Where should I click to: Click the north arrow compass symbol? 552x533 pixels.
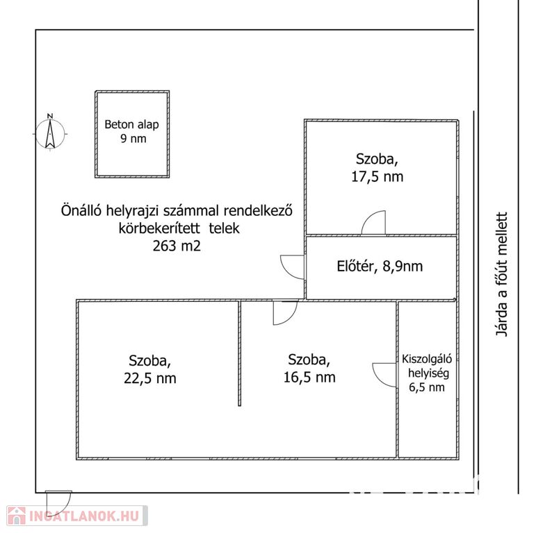pyautogui.click(x=50, y=132)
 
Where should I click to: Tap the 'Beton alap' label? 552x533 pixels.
pyautogui.click(x=131, y=124)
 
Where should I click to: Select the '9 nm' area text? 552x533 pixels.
pyautogui.click(x=133, y=138)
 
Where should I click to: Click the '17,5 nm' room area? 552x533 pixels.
pyautogui.click(x=377, y=176)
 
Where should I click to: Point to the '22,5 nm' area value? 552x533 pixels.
pyautogui.click(x=150, y=378)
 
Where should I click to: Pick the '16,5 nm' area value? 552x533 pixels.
pyautogui.click(x=309, y=377)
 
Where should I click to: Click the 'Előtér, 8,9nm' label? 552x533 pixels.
pyautogui.click(x=380, y=266)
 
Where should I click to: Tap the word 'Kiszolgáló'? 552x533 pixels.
pyautogui.click(x=427, y=359)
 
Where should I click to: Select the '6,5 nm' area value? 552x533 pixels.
pyautogui.click(x=427, y=387)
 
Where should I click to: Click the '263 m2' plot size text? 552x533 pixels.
pyautogui.click(x=177, y=246)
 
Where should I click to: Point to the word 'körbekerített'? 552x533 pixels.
pyautogui.click(x=159, y=228)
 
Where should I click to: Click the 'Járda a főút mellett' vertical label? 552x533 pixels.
pyautogui.click(x=502, y=274)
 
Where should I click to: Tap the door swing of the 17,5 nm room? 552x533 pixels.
pyautogui.click(x=374, y=222)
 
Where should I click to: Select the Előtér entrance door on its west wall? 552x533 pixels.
pyautogui.click(x=292, y=267)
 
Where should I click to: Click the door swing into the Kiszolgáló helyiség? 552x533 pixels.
pyautogui.click(x=384, y=375)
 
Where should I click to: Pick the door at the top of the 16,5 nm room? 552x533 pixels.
pyautogui.click(x=286, y=312)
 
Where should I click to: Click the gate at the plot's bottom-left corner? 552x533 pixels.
pyautogui.click(x=58, y=503)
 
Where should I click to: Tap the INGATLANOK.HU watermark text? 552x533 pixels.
pyautogui.click(x=85, y=516)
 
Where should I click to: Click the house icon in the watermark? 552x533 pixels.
pyautogui.click(x=17, y=516)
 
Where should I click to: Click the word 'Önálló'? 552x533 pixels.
pyautogui.click(x=81, y=211)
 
